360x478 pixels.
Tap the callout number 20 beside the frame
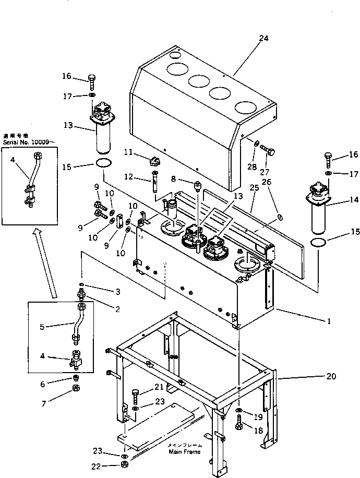click(x=330, y=376)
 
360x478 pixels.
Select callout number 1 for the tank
click(x=329, y=321)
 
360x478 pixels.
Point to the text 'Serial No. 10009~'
click(x=28, y=141)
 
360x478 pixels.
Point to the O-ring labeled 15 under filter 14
click(x=319, y=242)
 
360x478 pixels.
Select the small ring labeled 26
click(x=280, y=217)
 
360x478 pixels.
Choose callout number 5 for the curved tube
click(x=42, y=327)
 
